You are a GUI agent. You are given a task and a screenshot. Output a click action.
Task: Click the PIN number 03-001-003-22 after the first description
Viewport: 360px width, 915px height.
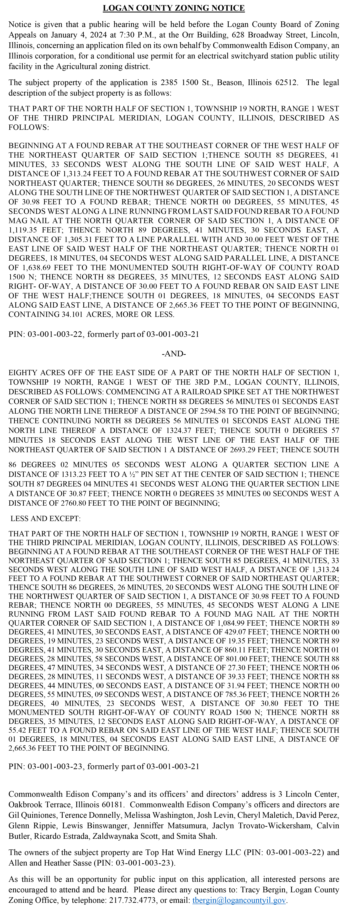pyautogui.click(x=56, y=334)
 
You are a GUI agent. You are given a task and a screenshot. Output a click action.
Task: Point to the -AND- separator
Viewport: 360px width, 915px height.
pyautogui.click(x=174, y=354)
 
